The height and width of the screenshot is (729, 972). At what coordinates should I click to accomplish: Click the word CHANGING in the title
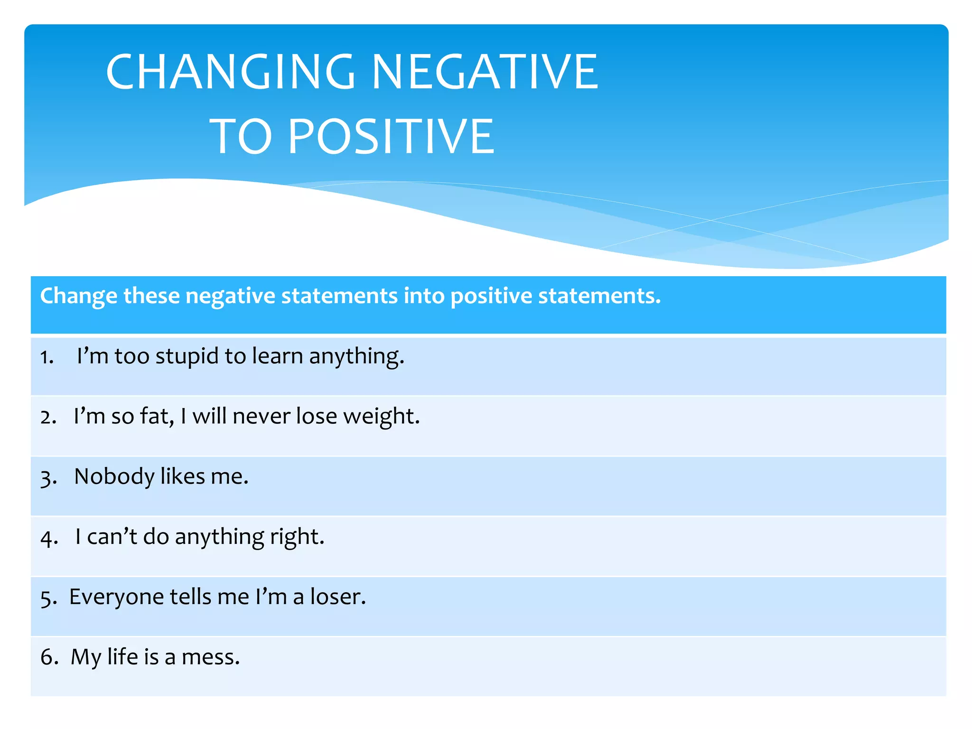pyautogui.click(x=231, y=72)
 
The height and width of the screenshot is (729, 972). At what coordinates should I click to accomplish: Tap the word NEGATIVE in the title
pyautogui.click(x=485, y=72)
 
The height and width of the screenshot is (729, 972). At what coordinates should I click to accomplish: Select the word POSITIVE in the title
pyautogui.click(x=391, y=137)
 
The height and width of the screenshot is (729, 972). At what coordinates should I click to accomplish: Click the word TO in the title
pyautogui.click(x=241, y=137)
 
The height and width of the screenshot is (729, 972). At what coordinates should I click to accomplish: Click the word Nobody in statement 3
pyautogui.click(x=114, y=477)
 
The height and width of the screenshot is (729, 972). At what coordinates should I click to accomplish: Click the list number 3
pyautogui.click(x=48, y=478)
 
